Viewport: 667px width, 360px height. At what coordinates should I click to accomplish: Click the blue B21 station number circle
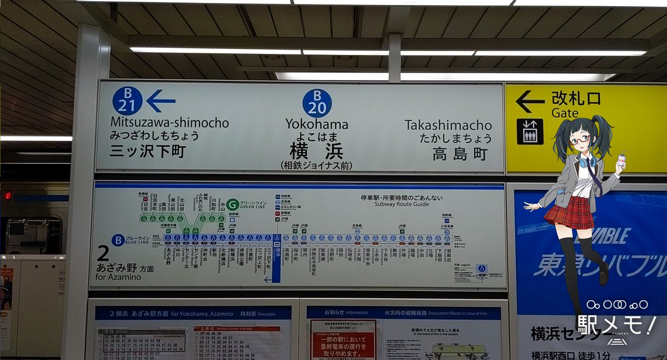click(127, 101)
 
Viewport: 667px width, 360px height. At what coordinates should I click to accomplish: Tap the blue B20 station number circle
click(317, 103)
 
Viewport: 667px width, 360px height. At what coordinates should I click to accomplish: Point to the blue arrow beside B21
click(161, 101)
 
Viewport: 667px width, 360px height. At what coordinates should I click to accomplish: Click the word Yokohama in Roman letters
click(317, 124)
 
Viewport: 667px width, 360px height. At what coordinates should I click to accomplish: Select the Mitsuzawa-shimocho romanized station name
click(169, 123)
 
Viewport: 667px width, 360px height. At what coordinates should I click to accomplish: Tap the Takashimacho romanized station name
click(448, 125)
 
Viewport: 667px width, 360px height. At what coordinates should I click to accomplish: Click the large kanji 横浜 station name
click(316, 151)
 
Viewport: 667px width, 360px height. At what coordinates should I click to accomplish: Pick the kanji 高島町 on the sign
click(460, 153)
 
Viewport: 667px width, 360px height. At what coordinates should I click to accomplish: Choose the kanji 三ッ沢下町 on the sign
click(147, 151)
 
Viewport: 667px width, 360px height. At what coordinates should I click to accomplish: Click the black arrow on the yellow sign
click(530, 101)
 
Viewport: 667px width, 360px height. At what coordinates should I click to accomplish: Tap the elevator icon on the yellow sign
click(530, 132)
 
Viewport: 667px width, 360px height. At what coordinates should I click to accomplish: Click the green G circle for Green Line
click(232, 204)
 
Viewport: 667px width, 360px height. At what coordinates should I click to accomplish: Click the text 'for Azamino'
click(119, 277)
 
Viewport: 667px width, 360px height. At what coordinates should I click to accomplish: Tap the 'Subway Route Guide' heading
click(394, 204)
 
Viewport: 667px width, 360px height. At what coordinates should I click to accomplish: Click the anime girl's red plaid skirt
click(570, 212)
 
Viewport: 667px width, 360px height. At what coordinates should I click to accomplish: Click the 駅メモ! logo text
click(615, 323)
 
